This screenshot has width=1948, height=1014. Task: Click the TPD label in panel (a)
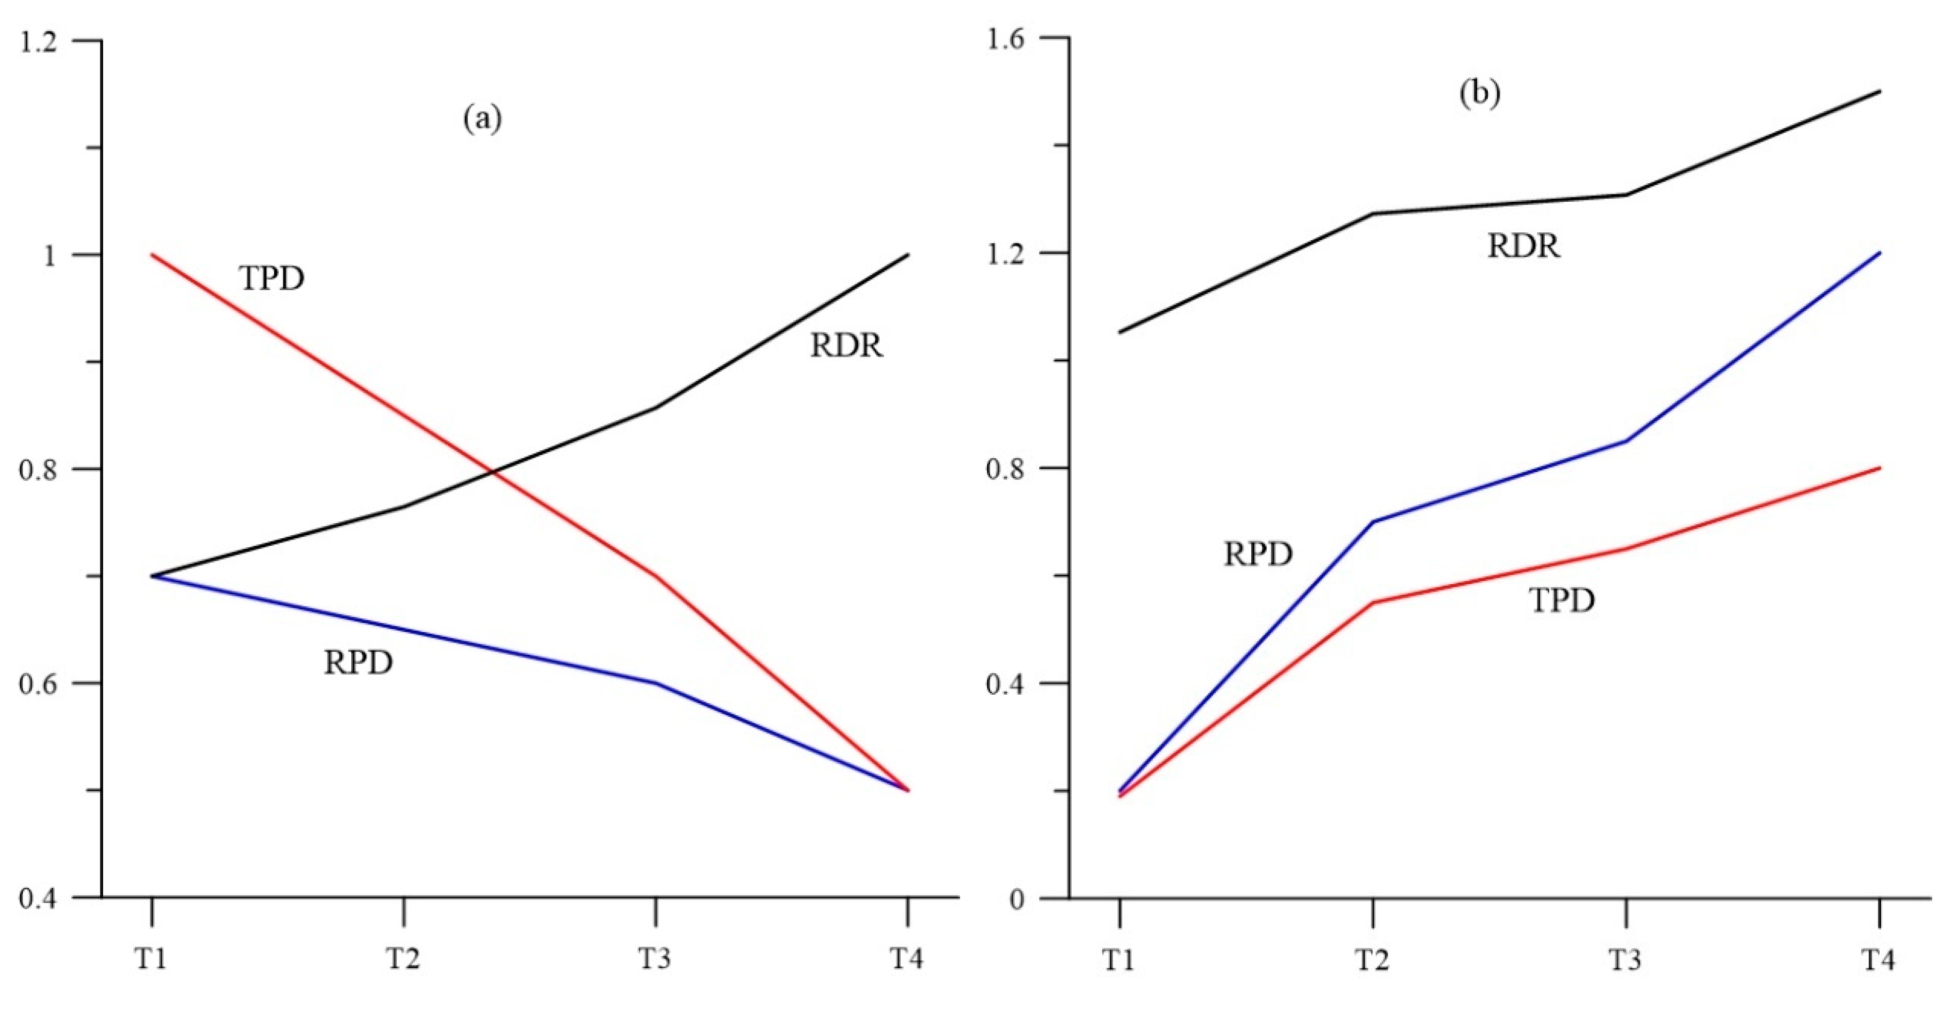(272, 278)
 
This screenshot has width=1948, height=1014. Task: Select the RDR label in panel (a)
(846, 346)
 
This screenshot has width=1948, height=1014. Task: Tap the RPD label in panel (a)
(359, 662)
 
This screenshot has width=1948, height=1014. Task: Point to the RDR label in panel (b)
(1523, 247)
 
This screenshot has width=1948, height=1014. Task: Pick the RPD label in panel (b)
(1258, 554)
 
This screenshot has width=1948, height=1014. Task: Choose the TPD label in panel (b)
(1563, 600)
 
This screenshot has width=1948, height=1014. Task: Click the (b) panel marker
(1479, 94)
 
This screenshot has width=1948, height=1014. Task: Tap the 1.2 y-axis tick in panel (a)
(38, 41)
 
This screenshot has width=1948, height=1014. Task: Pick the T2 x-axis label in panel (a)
(404, 959)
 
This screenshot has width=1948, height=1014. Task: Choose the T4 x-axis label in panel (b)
(1878, 960)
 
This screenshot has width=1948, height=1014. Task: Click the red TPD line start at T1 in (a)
(153, 255)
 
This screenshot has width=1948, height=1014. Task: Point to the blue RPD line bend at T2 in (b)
(1372, 521)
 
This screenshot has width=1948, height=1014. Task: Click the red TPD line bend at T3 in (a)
(656, 576)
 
